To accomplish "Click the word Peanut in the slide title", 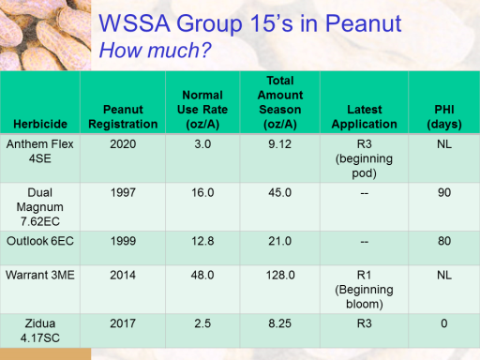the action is tap(363, 23).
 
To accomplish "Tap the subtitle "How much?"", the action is tap(155, 50).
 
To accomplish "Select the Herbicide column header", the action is tap(40, 124).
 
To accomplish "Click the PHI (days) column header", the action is tap(444, 117).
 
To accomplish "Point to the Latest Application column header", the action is tap(365, 117).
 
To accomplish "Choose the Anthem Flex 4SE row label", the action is tap(40, 151).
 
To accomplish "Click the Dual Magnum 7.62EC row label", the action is tap(40, 207).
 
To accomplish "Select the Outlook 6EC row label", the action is tap(40, 241).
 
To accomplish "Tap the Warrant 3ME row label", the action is tap(40, 275).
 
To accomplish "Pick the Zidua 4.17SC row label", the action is tap(40, 331).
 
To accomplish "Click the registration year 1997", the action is tap(123, 192).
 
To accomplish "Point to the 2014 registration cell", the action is tap(123, 275).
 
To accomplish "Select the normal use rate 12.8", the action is tap(202, 241).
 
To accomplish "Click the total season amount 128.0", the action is tap(280, 275).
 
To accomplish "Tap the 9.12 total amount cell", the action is tap(279, 144).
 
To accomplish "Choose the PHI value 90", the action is tap(444, 192).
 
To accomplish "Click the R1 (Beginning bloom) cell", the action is tap(365, 290).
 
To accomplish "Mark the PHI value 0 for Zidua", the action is tap(444, 323).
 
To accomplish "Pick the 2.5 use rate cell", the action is tap(202, 323).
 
